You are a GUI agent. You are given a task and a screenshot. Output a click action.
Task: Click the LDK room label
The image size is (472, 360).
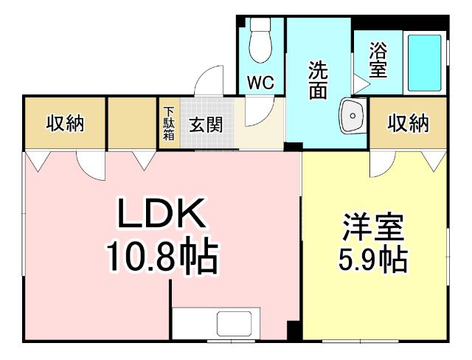click(x=162, y=216)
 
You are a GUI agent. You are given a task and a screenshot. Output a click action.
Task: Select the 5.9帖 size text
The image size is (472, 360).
click(x=374, y=260)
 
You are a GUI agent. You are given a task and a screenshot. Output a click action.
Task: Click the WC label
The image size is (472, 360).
click(x=260, y=83)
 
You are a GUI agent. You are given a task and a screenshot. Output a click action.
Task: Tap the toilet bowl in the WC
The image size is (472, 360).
click(x=260, y=43)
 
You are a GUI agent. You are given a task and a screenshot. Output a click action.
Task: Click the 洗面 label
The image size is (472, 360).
click(x=318, y=77)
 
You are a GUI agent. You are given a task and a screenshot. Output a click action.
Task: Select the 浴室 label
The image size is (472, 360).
click(x=378, y=61)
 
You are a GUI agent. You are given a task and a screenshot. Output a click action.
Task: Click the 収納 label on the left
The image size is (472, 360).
click(x=65, y=123)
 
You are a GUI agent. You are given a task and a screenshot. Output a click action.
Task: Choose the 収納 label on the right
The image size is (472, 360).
click(x=408, y=123)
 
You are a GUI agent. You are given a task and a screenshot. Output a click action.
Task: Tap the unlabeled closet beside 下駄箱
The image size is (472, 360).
click(x=133, y=123)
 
